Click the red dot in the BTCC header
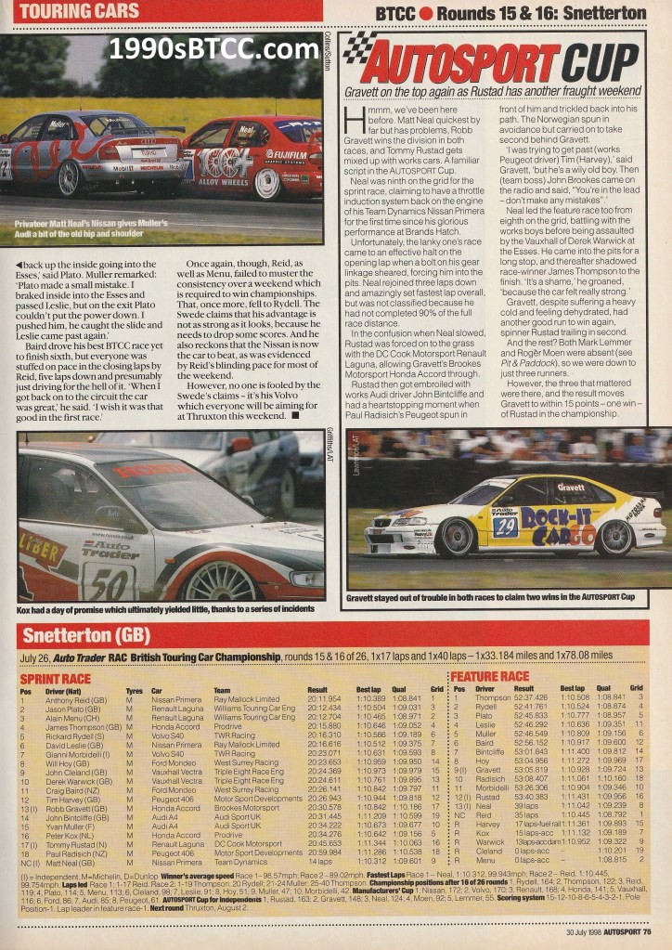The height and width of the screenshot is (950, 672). tap(426, 13)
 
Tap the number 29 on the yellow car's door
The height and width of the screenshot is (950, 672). tap(506, 527)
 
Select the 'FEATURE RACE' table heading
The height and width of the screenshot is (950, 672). tap(489, 676)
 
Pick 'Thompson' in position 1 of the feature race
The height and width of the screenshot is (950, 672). tap(492, 697)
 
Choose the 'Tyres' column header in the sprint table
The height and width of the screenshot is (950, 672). tap(134, 690)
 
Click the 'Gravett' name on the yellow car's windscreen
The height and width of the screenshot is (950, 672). tap(571, 487)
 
